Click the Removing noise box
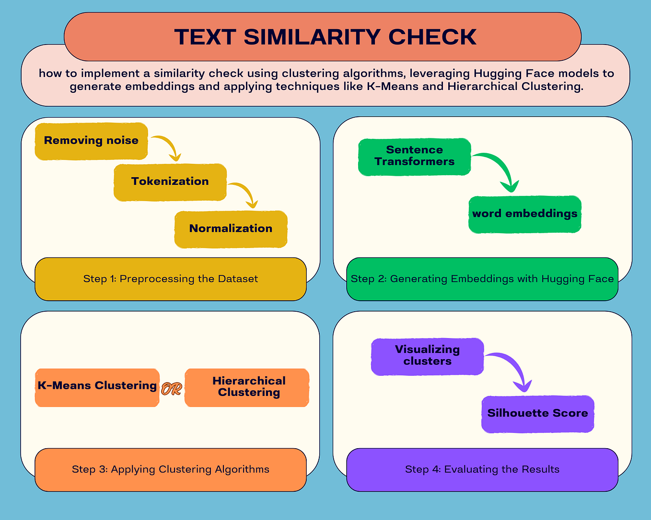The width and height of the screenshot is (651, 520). coord(91,141)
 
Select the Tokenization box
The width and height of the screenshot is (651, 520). coord(170,181)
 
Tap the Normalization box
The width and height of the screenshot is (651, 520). coord(231,229)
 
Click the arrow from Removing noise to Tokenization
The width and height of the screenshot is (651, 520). coord(168,146)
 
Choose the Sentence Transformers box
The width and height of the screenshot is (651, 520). coord(414,156)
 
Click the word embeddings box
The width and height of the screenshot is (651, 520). coord(524,214)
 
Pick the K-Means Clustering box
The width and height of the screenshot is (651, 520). coord(97,386)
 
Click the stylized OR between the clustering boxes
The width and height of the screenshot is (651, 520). coord(171,389)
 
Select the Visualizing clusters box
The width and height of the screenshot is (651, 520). coord(427,356)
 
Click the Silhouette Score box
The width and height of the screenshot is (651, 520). coord(537,414)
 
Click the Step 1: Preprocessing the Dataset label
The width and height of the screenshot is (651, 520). coord(170,279)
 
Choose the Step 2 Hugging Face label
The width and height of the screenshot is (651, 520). coord(482,279)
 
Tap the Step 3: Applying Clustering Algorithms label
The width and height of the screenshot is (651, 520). coord(170,470)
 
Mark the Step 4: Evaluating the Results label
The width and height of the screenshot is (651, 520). coord(482,470)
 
